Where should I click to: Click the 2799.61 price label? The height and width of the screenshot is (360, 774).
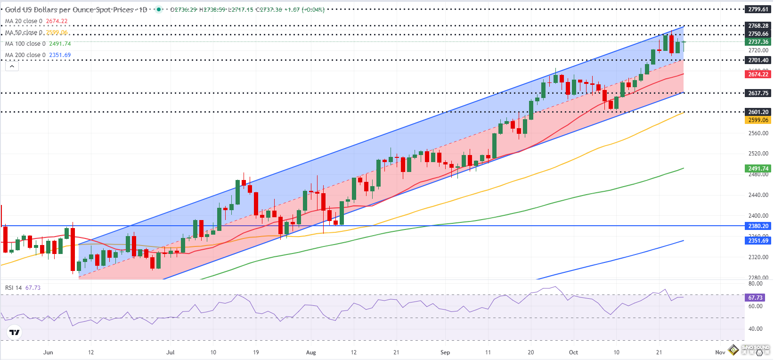(x=758, y=9)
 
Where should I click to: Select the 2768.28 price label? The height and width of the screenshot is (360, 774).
(x=758, y=26)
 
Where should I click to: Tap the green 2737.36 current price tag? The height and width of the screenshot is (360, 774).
(x=758, y=42)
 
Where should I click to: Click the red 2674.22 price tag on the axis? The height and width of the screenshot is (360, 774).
(x=758, y=74)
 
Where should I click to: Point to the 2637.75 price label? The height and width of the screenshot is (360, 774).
(x=758, y=93)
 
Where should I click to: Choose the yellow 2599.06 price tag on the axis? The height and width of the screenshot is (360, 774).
(x=758, y=120)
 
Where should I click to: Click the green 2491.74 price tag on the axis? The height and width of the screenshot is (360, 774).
(x=758, y=169)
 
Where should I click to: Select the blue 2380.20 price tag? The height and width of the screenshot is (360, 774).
(x=758, y=226)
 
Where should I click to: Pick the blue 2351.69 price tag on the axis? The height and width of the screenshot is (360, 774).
(x=758, y=241)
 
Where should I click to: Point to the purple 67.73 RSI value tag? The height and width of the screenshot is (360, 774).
(x=755, y=298)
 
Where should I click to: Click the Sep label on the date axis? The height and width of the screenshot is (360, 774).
(x=445, y=352)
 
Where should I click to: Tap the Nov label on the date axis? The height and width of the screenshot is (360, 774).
(x=720, y=352)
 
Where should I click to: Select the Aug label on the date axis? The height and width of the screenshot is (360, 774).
(x=311, y=352)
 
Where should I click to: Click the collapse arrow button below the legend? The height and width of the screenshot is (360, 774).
(x=12, y=66)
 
